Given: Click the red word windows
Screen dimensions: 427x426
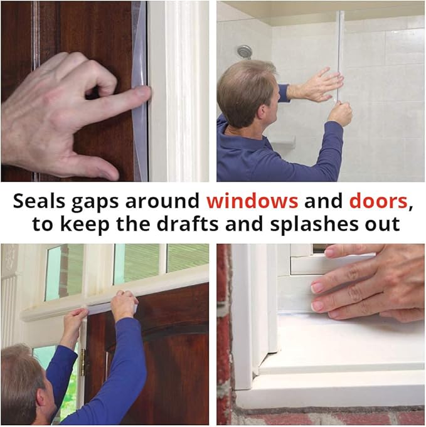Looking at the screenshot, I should click(x=252, y=202).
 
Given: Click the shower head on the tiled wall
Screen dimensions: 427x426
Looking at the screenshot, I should click(x=245, y=51).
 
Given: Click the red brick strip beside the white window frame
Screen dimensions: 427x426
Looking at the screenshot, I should click(x=223, y=332).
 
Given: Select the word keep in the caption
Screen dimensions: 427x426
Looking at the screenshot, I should click(x=90, y=224).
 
